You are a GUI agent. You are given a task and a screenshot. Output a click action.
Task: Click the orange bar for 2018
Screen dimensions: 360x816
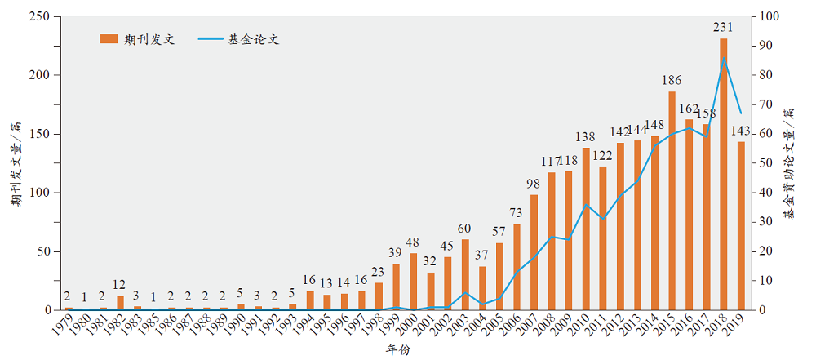tap(724, 174)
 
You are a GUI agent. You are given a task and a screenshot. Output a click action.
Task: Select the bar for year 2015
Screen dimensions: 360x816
tap(672, 201)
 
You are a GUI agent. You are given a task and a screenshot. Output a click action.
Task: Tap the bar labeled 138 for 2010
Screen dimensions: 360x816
tap(586, 229)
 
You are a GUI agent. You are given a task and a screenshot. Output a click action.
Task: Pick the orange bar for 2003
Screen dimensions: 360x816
tap(465, 274)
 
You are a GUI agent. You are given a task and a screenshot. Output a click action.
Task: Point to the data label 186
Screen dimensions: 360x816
tap(672, 81)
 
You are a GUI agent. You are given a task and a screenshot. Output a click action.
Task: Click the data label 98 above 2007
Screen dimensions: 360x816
tap(534, 184)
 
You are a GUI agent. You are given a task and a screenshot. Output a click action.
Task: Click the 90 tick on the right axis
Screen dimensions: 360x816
tap(768, 46)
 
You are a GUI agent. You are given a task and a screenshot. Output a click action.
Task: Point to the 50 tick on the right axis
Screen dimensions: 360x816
tap(768, 163)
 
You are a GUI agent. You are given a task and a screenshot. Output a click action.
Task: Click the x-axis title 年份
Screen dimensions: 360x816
tap(399, 350)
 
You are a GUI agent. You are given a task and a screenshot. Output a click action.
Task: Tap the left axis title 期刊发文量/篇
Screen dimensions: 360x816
tap(16, 164)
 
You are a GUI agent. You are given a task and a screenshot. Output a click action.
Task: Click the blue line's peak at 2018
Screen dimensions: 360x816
tap(724, 58)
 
